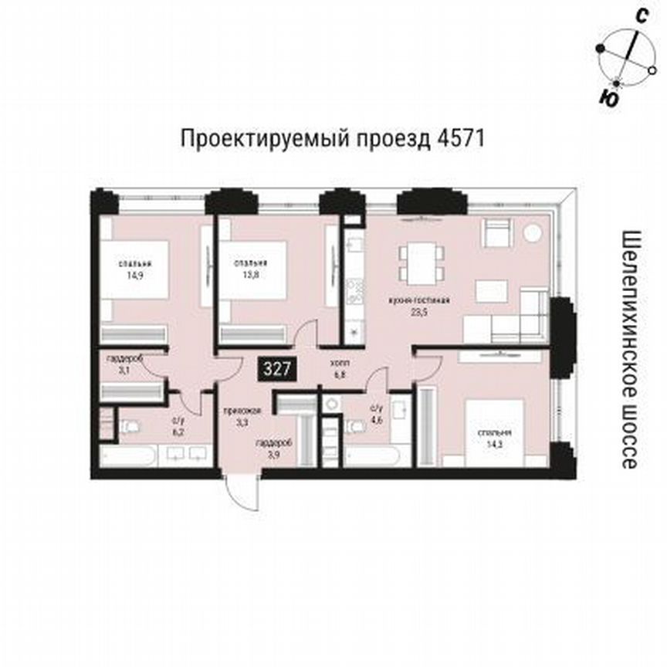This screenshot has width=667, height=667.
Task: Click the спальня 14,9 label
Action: click(134, 268)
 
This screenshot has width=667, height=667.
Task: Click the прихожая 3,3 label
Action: click(235, 417)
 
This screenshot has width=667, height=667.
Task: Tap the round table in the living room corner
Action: click(533, 232)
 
